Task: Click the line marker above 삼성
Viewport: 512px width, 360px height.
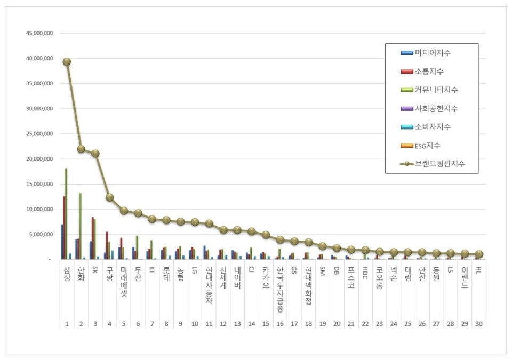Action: point(67,62)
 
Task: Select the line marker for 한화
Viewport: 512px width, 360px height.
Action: point(81,149)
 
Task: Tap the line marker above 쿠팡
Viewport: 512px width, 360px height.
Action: point(109,197)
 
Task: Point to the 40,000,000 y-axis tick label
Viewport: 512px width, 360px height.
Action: point(39,58)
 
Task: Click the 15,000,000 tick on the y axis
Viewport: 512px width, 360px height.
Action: point(39,184)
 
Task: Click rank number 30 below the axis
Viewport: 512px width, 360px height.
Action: point(478,324)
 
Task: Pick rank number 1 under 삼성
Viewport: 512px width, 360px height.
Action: point(67,324)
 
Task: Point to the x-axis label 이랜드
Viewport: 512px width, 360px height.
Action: point(465,278)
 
